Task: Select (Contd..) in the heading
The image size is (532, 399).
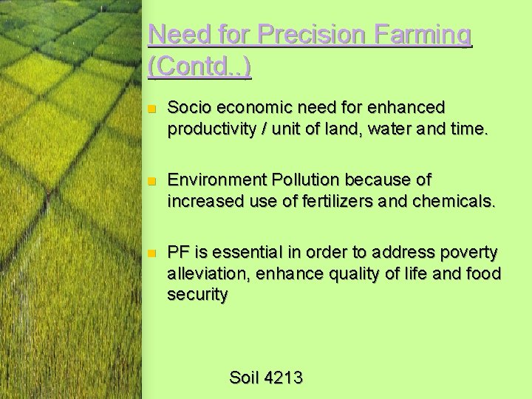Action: [x=199, y=67]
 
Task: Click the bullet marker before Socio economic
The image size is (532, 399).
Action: [x=151, y=109]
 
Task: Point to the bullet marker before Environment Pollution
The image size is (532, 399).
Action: [x=151, y=181]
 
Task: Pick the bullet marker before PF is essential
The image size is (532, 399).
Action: [x=151, y=253]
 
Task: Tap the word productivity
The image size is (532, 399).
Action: [x=210, y=129]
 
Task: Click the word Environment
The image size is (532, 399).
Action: [x=215, y=180]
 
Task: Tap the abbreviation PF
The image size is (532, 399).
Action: [x=178, y=253]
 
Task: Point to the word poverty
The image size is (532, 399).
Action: [x=469, y=253]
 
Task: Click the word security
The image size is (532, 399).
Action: [x=197, y=295]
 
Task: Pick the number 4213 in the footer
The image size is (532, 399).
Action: [x=282, y=378]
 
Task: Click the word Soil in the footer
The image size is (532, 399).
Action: [x=243, y=378]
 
